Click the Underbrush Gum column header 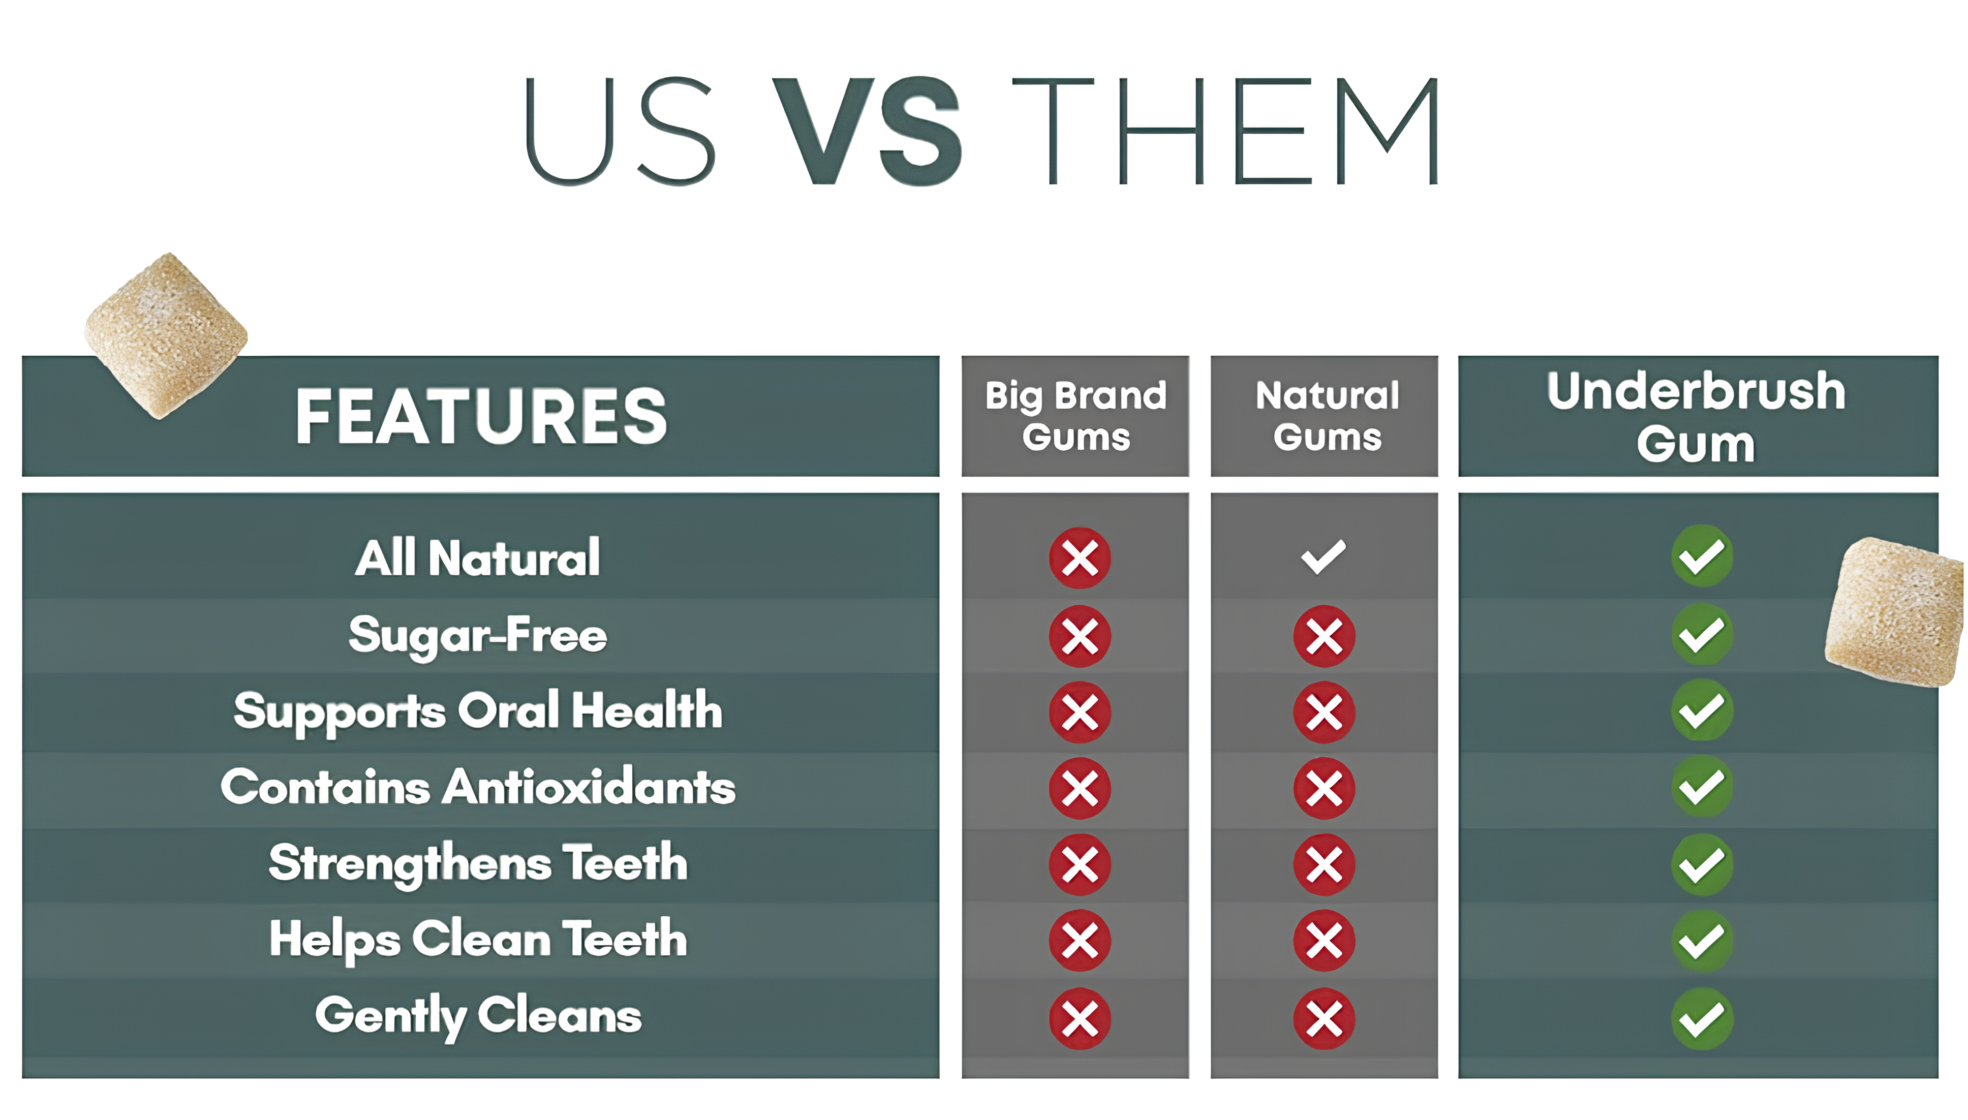pos(1697,416)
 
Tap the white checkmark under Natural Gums pos(1324,557)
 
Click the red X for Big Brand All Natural pos(1080,557)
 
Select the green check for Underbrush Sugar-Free pos(1702,635)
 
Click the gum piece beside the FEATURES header pos(165,336)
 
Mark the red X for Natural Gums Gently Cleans pos(1324,1019)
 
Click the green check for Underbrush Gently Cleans pos(1702,1019)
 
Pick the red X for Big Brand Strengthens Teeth pos(1080,864)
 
